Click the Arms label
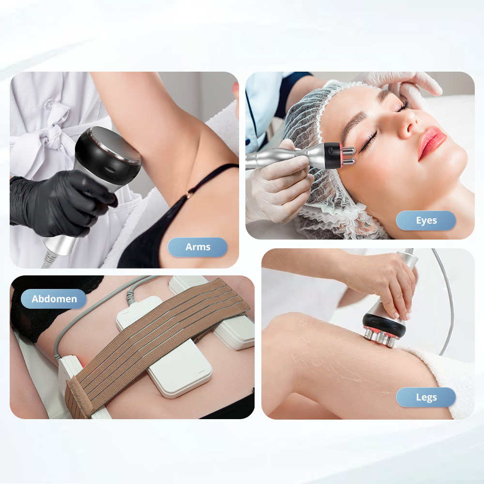(x=197, y=247)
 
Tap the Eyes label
(x=426, y=220)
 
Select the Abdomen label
(x=54, y=299)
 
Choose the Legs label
(x=426, y=397)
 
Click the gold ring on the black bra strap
(x=188, y=195)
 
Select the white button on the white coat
(x=48, y=105)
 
